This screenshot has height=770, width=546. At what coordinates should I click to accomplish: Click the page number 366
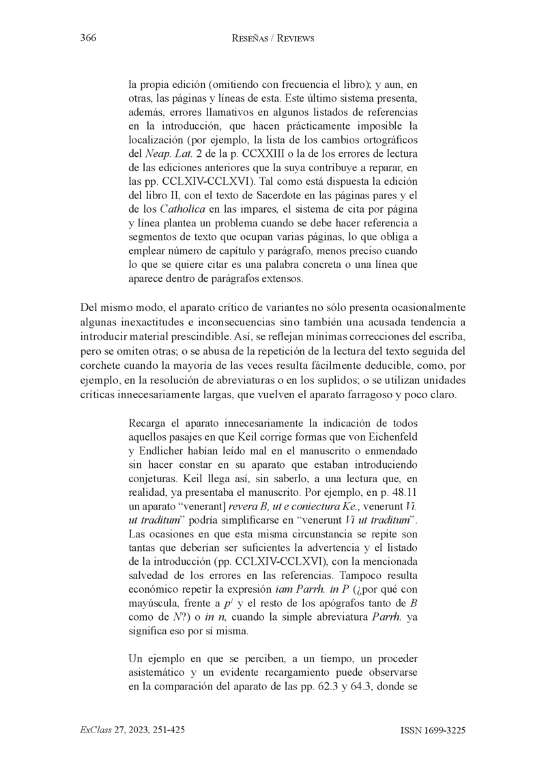[87, 39]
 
